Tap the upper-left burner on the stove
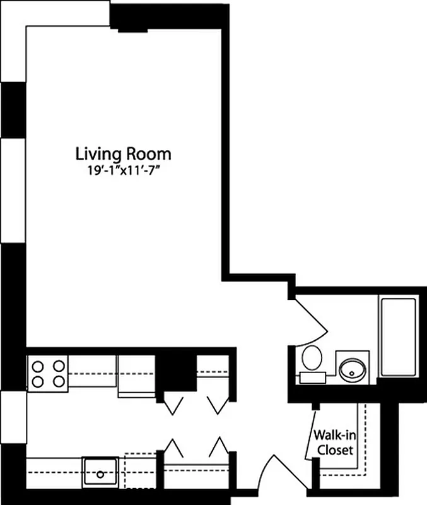click(36, 365)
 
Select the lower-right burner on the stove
click(59, 381)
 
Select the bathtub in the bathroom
click(397, 336)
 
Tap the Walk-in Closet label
click(334, 443)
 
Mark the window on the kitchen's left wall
click(13, 417)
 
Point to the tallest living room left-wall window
click(13, 189)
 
